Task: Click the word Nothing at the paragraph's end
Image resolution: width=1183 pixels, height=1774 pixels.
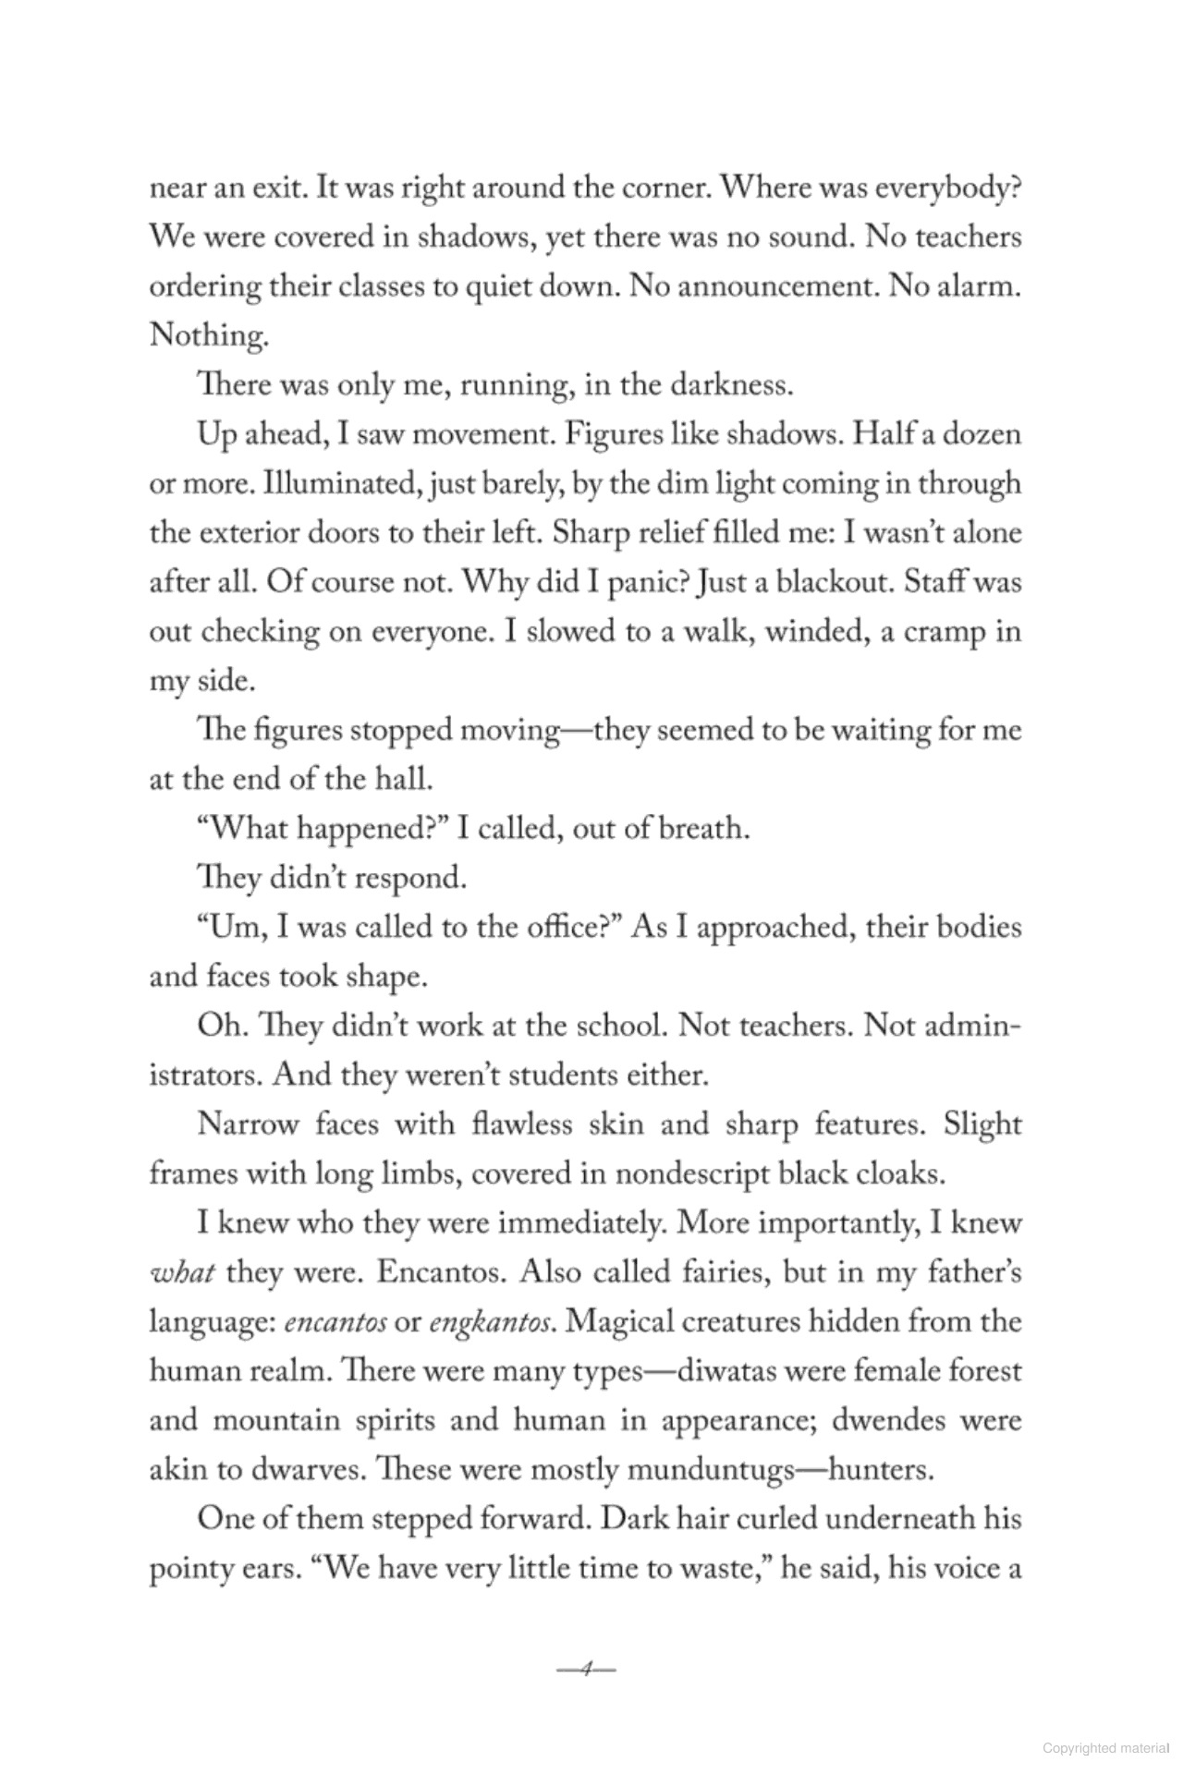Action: click(208, 335)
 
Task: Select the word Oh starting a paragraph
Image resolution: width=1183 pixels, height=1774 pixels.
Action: click(218, 1027)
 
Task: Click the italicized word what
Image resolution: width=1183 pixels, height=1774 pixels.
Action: click(182, 1273)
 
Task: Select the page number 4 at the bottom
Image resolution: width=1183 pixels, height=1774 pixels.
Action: click(586, 1670)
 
